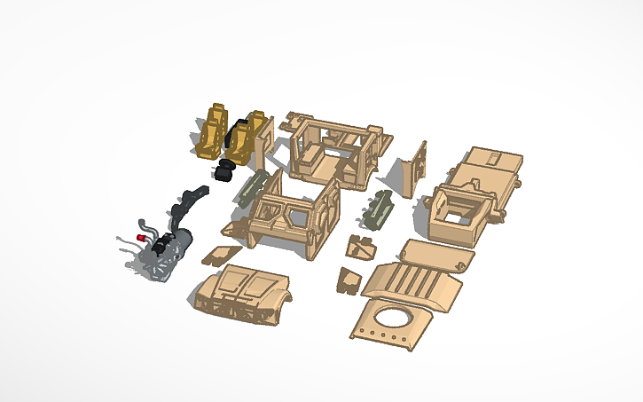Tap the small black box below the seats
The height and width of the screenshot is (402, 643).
point(223,173)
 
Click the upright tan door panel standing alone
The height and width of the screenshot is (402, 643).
point(415,170)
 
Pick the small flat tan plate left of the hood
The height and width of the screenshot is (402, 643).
point(216,256)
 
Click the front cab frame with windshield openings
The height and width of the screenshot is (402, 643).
point(288,217)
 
